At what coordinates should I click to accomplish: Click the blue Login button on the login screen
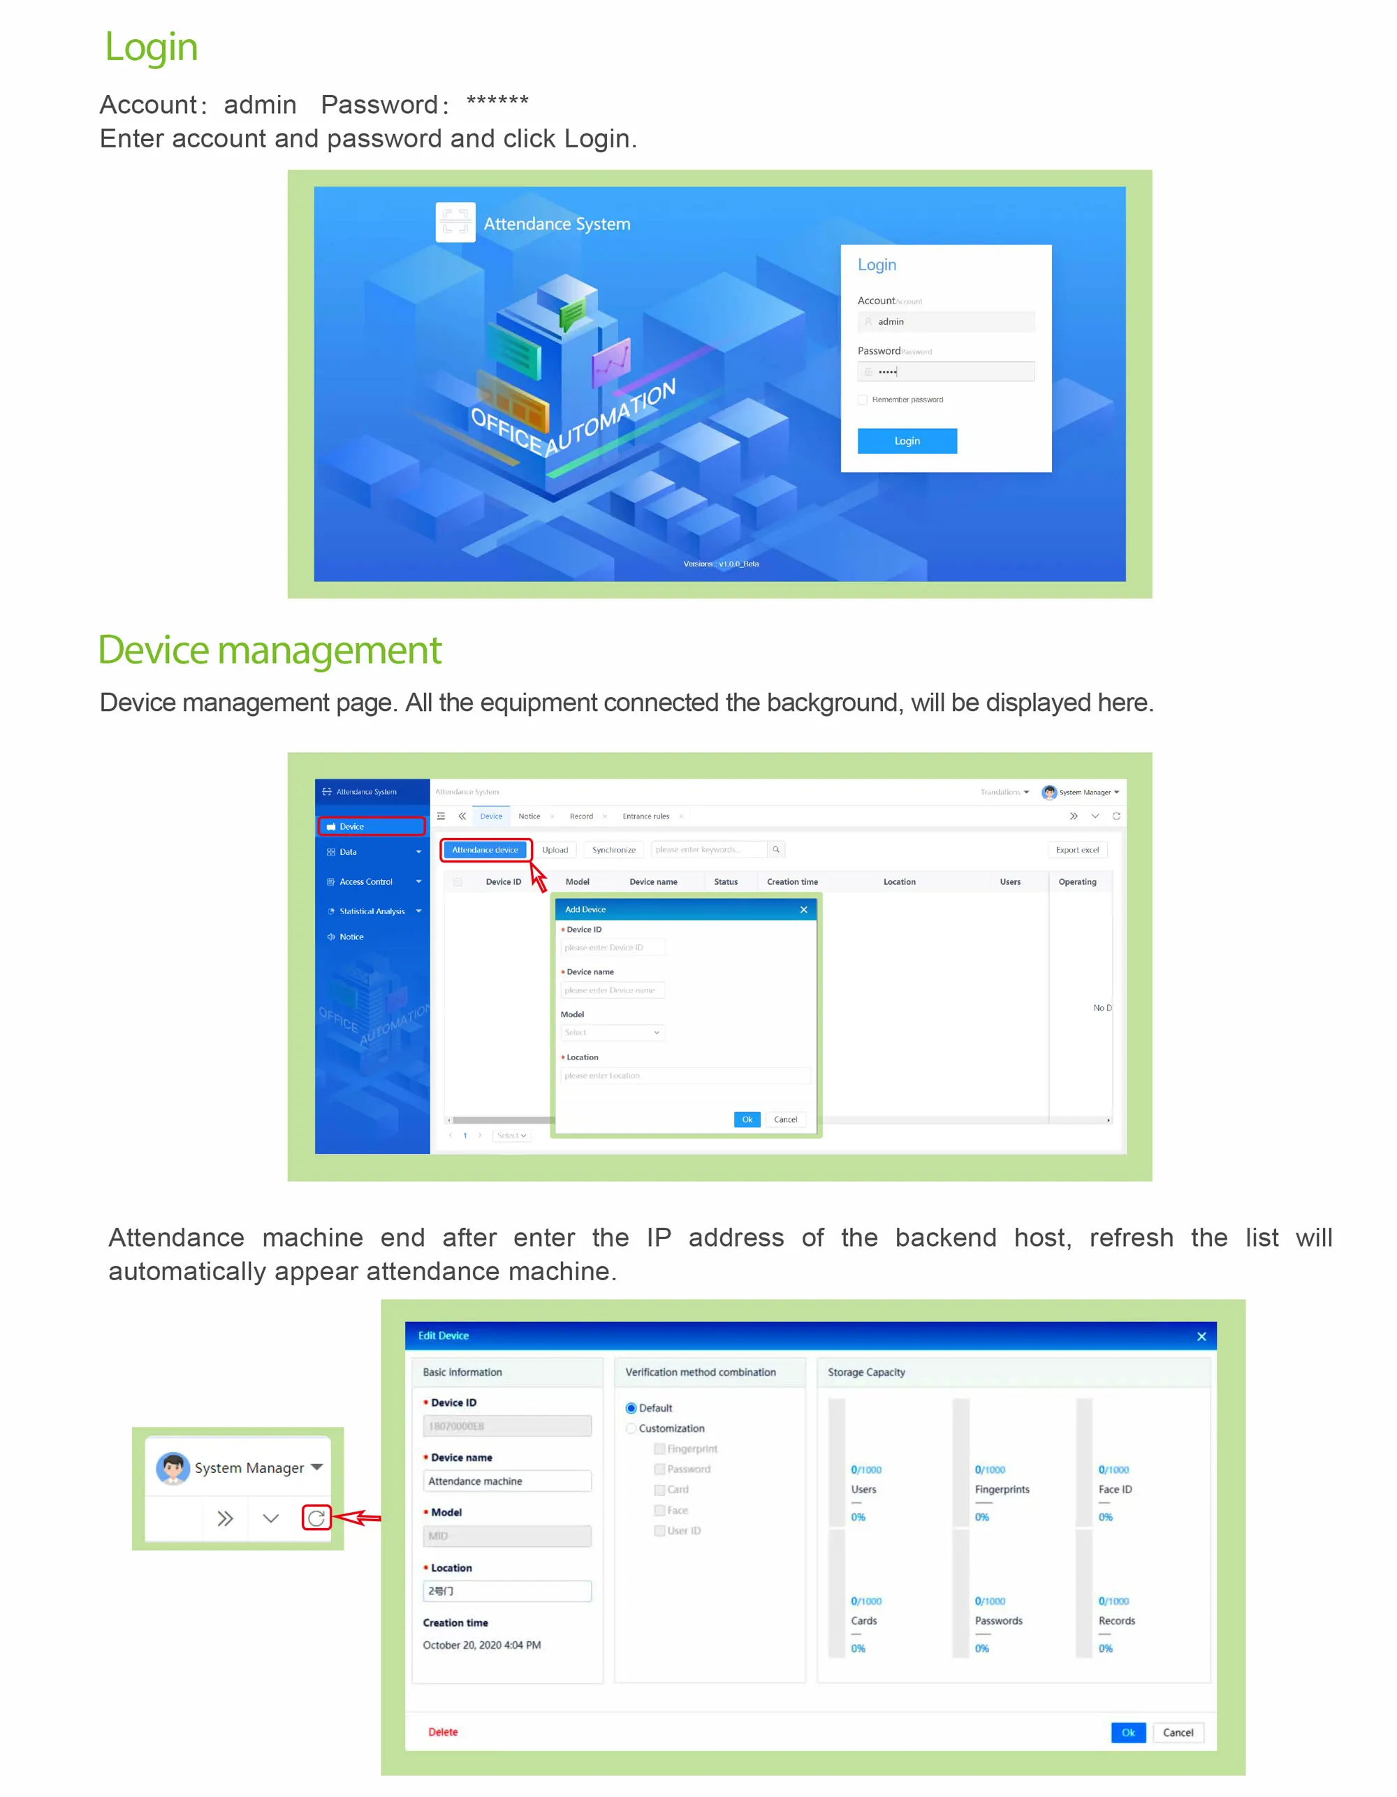[907, 441]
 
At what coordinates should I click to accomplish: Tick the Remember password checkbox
[862, 400]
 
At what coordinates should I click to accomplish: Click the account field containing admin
[946, 322]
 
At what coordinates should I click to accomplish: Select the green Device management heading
[269, 650]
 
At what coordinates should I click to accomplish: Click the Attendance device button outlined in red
[485, 850]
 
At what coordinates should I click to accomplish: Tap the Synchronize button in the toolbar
[613, 850]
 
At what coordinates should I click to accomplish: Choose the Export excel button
[1076, 850]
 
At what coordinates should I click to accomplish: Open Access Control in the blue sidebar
[366, 882]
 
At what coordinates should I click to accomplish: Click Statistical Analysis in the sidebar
[372, 911]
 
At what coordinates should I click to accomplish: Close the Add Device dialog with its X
[803, 909]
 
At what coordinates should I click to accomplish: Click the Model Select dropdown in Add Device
[612, 1033]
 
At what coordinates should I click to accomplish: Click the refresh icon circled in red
[316, 1518]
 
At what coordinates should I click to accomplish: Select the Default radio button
[631, 1409]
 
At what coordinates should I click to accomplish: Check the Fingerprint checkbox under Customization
[659, 1449]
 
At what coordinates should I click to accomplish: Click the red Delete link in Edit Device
[443, 1732]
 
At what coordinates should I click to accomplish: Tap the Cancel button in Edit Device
[1178, 1733]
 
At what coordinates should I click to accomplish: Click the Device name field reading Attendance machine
[507, 1481]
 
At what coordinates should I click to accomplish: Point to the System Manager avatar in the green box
[173, 1468]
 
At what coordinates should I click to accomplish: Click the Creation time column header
[791, 882]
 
